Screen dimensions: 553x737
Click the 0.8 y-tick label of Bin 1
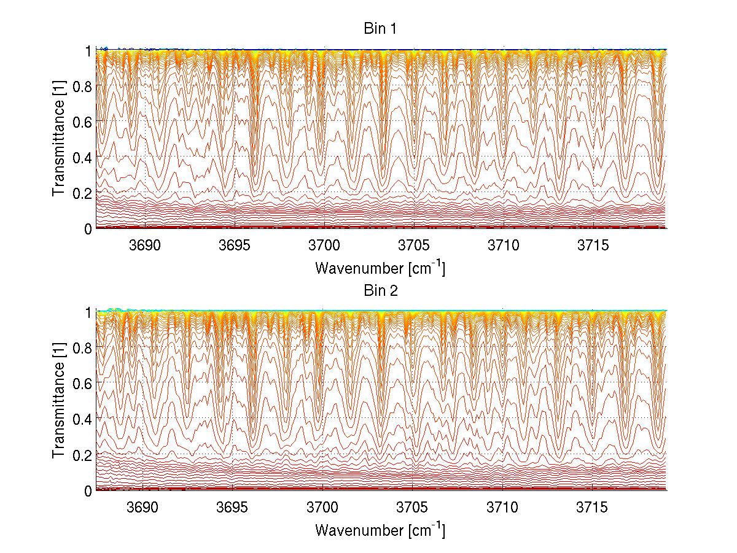pyautogui.click(x=82, y=87)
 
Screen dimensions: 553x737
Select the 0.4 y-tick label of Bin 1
pyautogui.click(x=82, y=157)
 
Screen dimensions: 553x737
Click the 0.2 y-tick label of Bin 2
pyautogui.click(x=82, y=455)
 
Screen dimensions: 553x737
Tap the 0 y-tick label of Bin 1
pyautogui.click(x=88, y=228)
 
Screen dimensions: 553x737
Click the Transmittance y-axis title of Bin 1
pyautogui.click(x=59, y=139)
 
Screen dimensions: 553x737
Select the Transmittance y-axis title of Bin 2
pyautogui.click(x=59, y=401)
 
